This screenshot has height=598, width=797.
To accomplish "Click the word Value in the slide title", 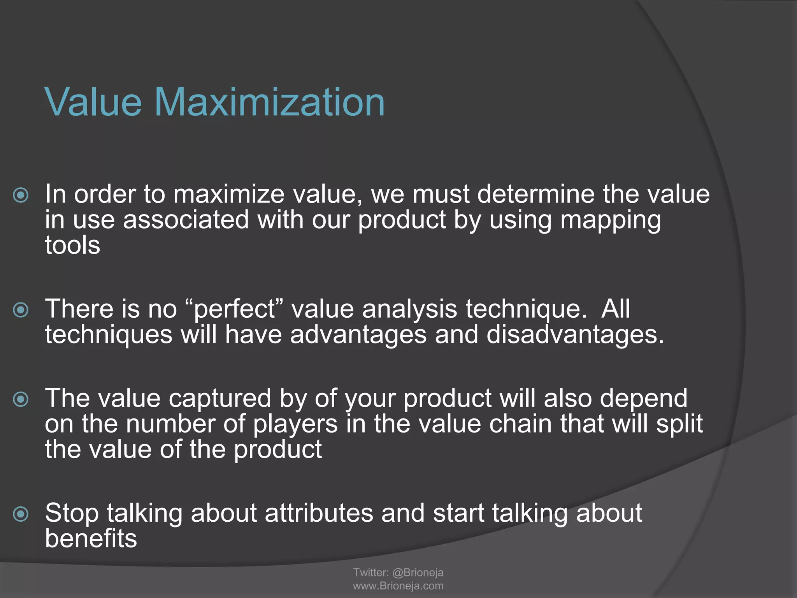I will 93,102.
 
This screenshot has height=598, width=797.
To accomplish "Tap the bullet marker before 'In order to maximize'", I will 21,195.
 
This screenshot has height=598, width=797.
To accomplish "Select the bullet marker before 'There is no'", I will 21,310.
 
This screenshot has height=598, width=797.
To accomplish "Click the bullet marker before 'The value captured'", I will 21,399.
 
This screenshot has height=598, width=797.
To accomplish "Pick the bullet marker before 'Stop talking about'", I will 21,514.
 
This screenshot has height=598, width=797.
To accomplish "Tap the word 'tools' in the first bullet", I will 72,245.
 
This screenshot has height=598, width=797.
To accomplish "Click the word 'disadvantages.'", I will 575,335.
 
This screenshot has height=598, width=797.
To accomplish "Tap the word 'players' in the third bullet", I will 295,424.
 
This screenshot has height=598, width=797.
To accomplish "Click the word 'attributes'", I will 319,513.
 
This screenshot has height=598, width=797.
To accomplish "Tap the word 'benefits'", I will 91,539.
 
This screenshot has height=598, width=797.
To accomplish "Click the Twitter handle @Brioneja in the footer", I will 418,572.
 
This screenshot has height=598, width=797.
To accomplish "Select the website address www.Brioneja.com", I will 398,586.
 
